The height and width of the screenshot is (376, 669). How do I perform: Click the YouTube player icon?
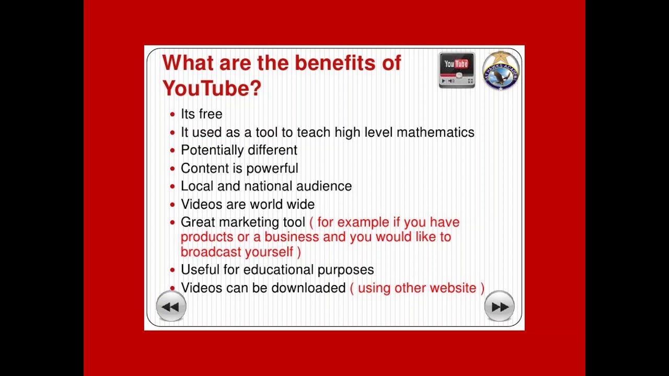[x=457, y=70]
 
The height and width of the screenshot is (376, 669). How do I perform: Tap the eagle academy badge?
[x=501, y=70]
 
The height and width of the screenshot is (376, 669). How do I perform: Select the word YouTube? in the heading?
[x=212, y=88]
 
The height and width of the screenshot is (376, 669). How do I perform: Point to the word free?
[x=211, y=114]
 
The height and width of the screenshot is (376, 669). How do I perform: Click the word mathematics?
[x=435, y=132]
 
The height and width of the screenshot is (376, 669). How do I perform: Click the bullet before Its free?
[x=172, y=114]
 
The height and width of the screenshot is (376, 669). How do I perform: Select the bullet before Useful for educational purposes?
[x=172, y=270]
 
